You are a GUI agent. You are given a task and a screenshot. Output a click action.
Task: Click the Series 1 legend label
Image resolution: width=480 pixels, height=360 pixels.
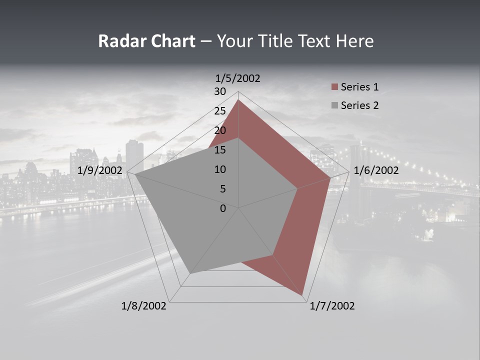359,87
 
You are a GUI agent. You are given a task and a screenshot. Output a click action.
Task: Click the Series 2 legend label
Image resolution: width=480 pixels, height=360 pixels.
359,105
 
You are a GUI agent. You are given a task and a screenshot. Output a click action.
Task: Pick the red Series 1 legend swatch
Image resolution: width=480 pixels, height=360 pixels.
335,87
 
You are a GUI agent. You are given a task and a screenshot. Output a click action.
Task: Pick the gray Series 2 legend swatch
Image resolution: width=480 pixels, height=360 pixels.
335,105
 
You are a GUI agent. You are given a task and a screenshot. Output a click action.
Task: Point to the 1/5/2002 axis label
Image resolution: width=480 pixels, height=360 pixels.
237,78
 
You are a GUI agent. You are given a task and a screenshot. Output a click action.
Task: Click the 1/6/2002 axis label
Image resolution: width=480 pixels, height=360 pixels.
376,170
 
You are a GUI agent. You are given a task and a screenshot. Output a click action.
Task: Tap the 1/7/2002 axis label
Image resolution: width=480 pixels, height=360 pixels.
332,306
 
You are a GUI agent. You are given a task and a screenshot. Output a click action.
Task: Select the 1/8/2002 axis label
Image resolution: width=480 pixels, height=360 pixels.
144,306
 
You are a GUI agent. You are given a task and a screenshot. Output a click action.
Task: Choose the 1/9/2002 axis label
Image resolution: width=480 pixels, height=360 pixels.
100,170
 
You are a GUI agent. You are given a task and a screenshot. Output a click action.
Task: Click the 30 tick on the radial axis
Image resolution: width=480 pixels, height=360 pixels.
220,91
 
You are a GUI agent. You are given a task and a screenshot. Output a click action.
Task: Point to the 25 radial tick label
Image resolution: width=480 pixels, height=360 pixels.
220,111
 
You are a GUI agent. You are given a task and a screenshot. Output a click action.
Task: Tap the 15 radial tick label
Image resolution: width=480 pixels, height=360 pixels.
220,150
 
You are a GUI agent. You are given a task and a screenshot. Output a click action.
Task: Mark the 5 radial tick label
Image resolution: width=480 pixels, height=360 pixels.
223,189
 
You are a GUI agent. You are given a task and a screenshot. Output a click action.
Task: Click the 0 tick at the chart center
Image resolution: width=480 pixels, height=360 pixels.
223,208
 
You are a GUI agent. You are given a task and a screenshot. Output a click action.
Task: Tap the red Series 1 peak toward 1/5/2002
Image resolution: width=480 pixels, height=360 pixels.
238,100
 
